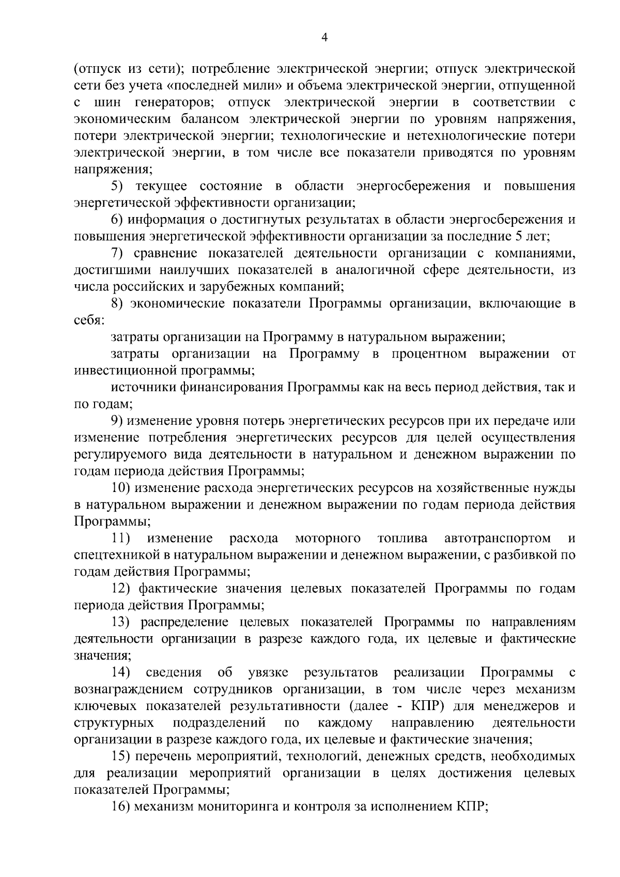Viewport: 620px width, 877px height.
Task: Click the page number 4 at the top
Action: pyautogui.click(x=324, y=37)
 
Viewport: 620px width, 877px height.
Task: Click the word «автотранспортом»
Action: pyautogui.click(x=497, y=538)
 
